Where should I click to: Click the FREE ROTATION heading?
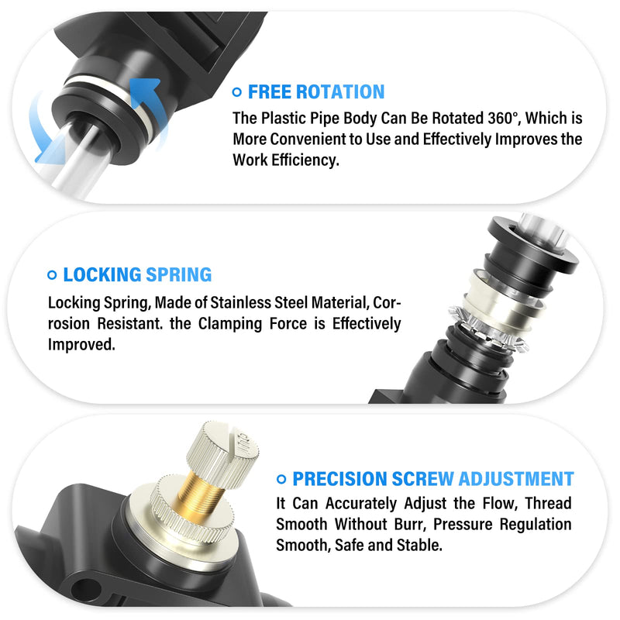pos(316,92)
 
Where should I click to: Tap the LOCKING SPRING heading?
pos(137,274)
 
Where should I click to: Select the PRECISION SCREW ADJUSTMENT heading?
pos(433,479)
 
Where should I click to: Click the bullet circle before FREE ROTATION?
pos(237,93)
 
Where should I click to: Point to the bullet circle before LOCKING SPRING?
pos(52,275)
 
